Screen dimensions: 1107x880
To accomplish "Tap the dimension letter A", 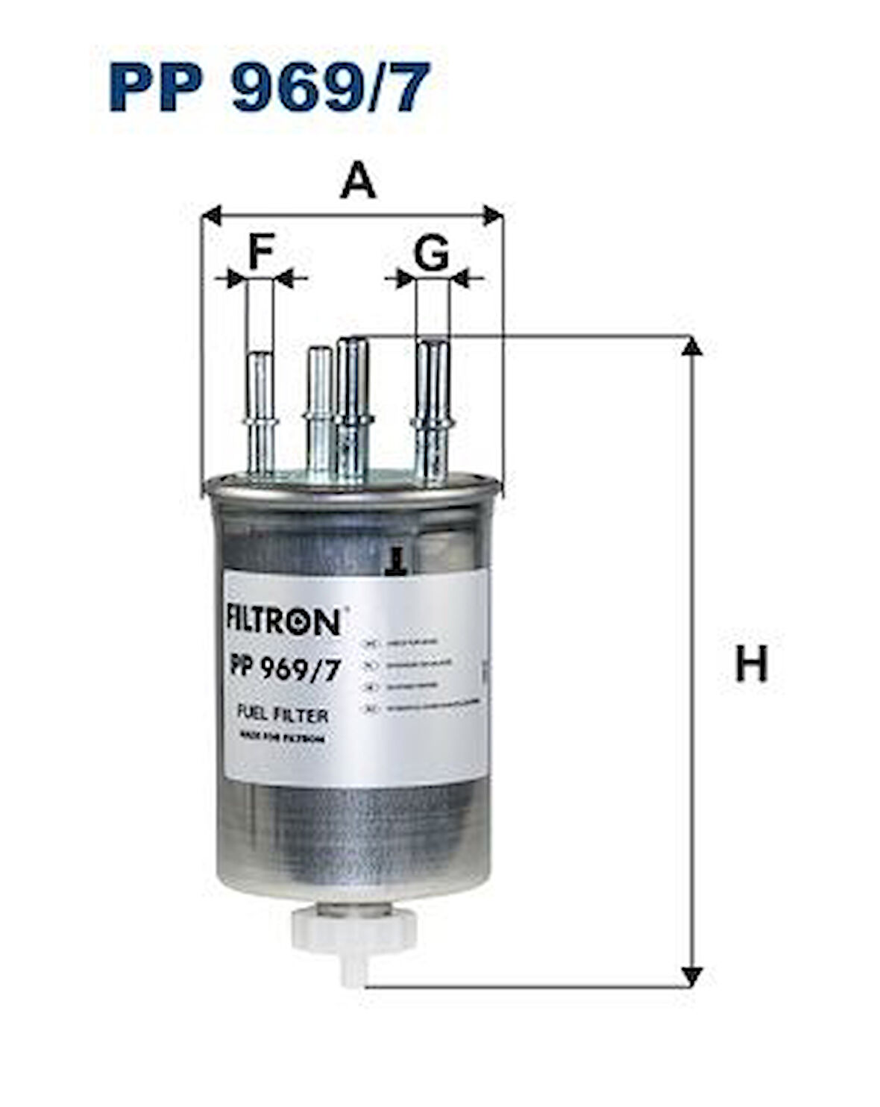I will click(358, 181).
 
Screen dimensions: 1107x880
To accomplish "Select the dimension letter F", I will click(261, 251).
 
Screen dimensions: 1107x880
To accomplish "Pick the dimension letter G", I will click(432, 254).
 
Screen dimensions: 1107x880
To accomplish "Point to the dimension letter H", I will click(751, 664).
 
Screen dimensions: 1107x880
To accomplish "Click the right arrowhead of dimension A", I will click(493, 216).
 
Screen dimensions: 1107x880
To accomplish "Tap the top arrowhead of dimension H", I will click(693, 346).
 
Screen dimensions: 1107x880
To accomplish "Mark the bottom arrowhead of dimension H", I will click(693, 976).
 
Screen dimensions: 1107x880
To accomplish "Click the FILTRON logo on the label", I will click(283, 621).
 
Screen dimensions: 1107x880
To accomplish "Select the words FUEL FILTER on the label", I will click(282, 715).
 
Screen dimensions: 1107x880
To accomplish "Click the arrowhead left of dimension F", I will click(236, 280).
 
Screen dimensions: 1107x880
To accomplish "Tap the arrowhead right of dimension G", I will click(460, 280).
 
